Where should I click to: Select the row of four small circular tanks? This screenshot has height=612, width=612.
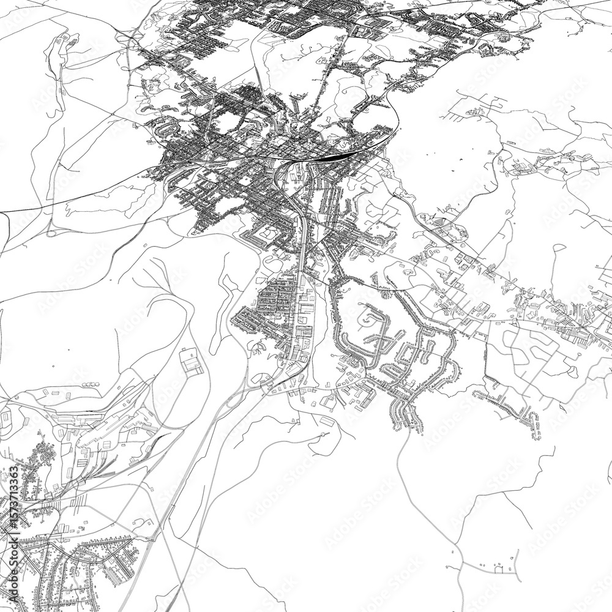pos(91,384)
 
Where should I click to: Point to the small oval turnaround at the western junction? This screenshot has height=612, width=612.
pos(51,231)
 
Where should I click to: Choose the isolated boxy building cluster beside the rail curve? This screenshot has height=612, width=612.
pos(192,361)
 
